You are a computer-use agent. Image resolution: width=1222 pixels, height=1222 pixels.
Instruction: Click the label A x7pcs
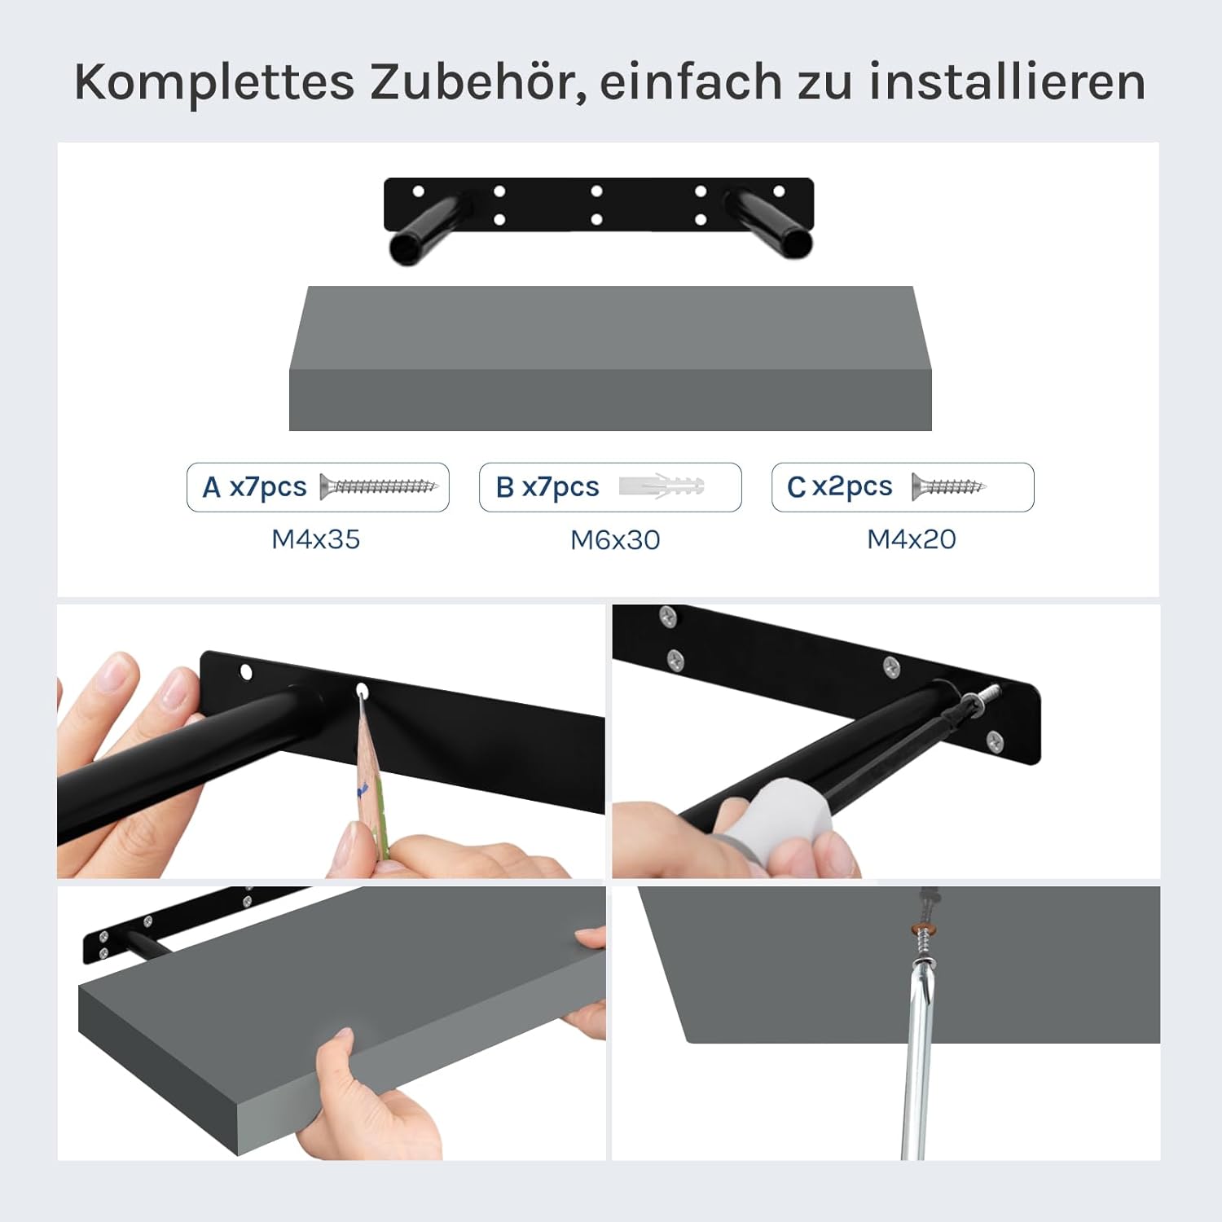255,487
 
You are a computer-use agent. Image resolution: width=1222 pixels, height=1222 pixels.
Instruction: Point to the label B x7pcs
547,487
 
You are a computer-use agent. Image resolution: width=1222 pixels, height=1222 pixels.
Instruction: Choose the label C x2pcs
840,487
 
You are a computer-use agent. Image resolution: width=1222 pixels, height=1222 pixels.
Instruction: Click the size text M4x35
316,539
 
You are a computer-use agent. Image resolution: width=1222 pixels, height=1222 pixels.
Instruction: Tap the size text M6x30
615,540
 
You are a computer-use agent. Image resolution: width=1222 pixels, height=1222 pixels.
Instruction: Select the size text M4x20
912,539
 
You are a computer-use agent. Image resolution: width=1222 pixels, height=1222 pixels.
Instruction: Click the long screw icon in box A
379,486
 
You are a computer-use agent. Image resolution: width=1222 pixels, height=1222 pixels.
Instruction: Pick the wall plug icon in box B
662,486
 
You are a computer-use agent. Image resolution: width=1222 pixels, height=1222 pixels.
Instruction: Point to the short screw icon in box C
949,486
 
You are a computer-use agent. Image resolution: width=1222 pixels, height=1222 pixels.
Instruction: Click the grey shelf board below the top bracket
610,358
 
